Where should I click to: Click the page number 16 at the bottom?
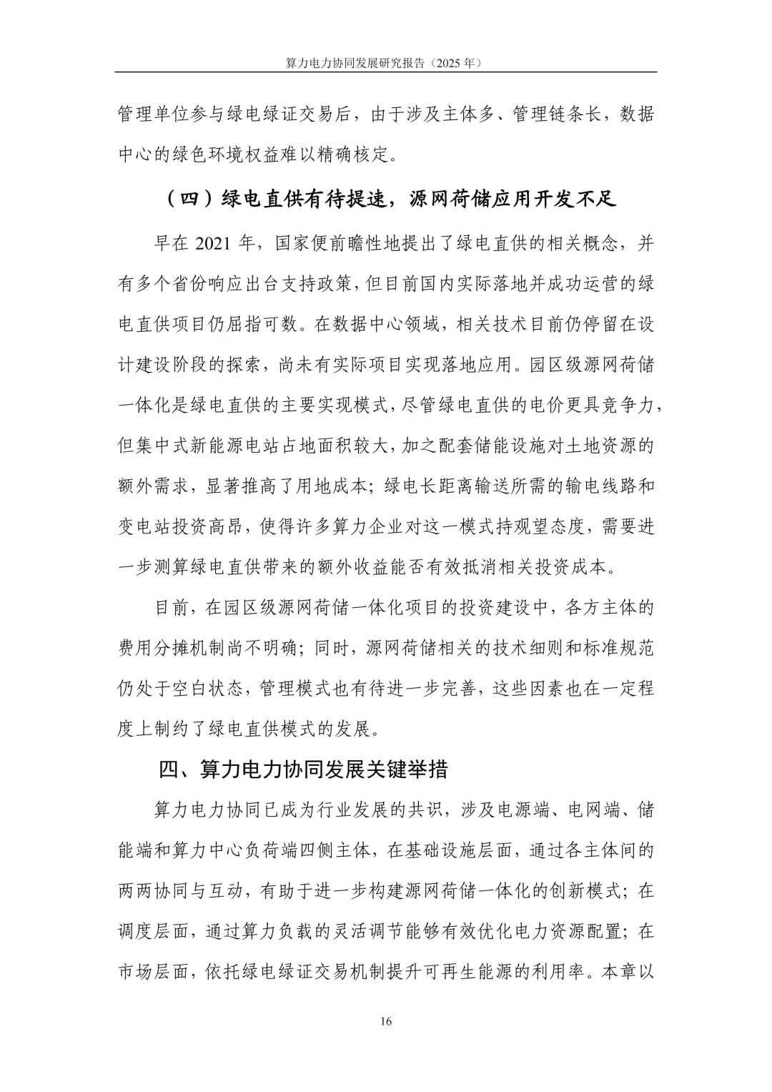386,1021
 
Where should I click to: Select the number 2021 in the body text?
212,243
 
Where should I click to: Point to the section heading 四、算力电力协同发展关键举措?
303,769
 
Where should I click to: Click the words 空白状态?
207,689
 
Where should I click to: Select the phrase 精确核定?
350,154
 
